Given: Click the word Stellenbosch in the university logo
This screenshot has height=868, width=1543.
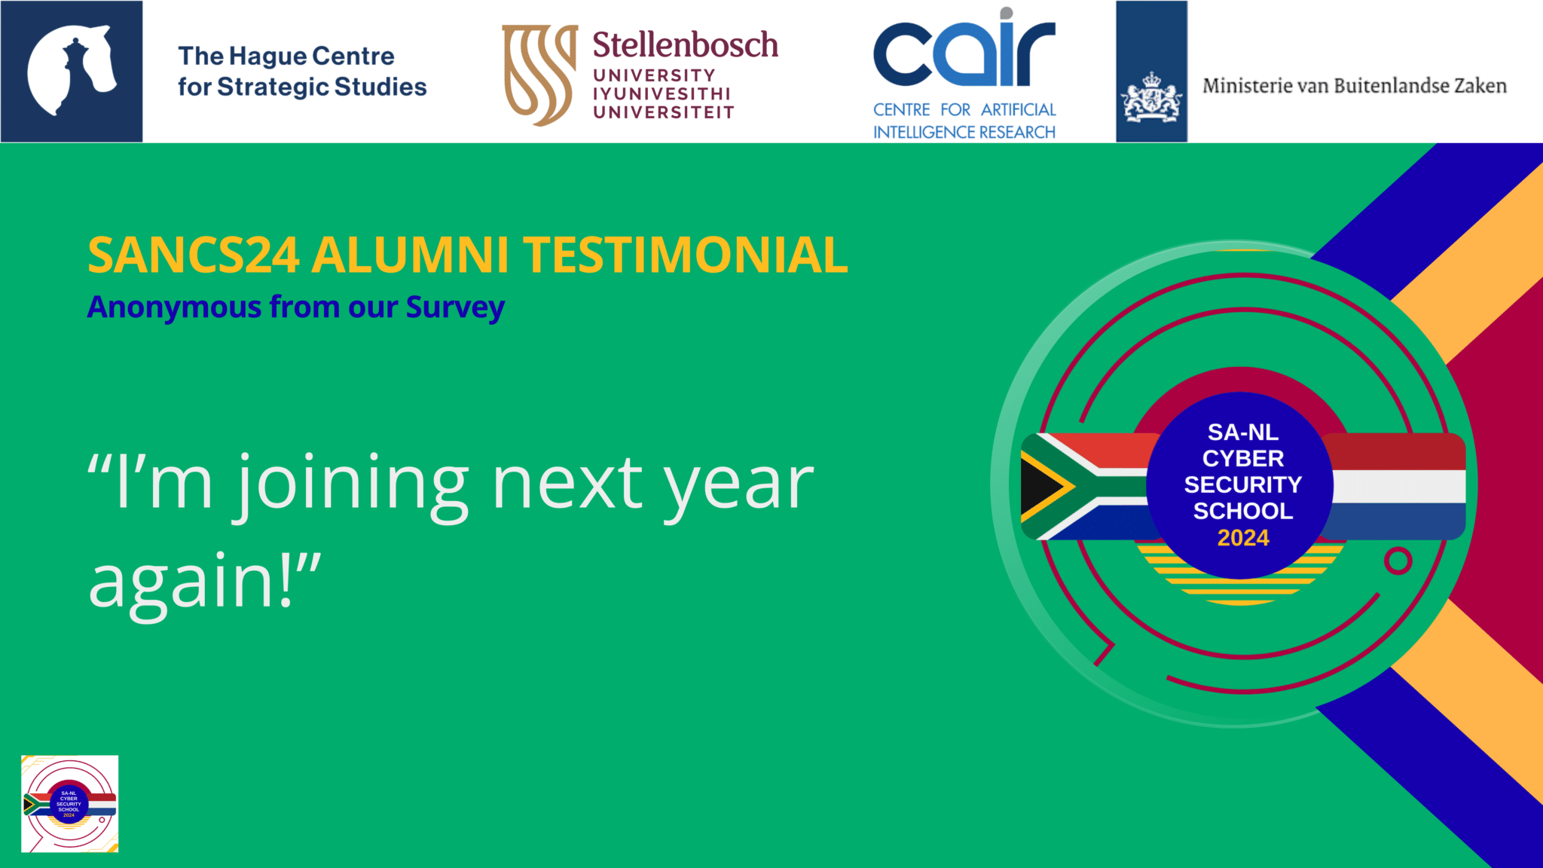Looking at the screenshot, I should pos(685,45).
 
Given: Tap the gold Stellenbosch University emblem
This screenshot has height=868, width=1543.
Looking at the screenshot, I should pos(539,75).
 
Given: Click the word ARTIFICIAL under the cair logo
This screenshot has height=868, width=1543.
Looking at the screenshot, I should pos(1018,110).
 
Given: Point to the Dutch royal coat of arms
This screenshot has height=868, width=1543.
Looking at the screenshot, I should pos(1150,99).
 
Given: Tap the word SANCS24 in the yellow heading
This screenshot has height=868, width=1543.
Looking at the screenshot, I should pos(194,255).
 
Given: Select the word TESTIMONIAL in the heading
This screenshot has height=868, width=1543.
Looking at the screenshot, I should pos(686,255).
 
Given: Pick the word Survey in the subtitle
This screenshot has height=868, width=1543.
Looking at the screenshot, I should pos(455,308).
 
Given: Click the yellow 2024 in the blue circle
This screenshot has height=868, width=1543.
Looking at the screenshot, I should pos(1243,538).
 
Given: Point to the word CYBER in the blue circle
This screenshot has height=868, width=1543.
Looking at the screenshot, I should pos(1243,458).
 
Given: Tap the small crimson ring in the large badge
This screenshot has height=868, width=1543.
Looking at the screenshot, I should pos(1398,561).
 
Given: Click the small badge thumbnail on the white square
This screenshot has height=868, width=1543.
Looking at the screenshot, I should pos(69,804).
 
